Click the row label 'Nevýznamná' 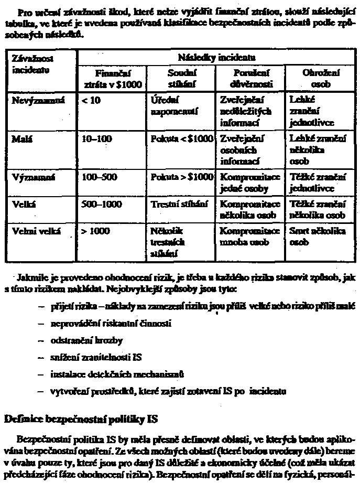pyautogui.click(x=34, y=100)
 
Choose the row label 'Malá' pyautogui.click(x=20, y=139)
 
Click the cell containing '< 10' pyautogui.click(x=90, y=100)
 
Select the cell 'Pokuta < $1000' pyautogui.click(x=181, y=139)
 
